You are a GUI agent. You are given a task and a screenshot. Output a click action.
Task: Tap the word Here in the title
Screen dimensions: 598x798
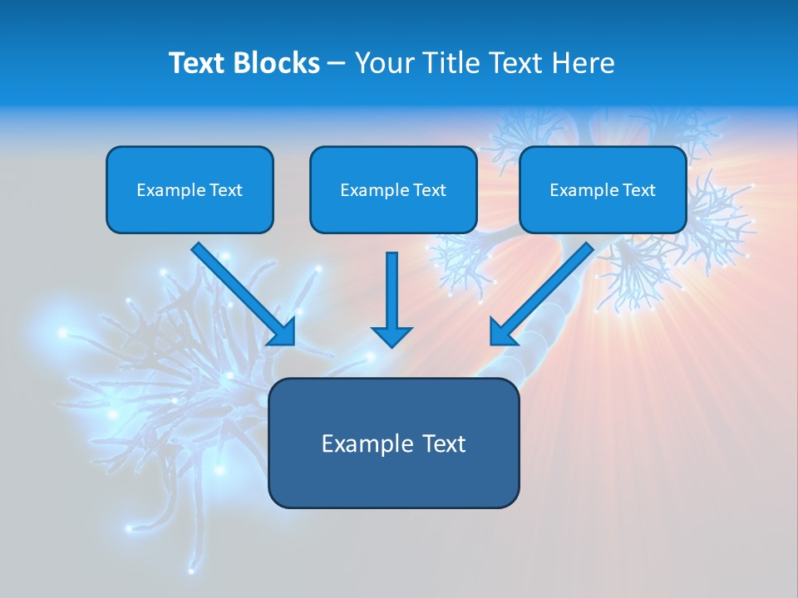coord(581,63)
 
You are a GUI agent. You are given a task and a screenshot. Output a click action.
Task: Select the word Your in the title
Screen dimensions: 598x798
coord(382,63)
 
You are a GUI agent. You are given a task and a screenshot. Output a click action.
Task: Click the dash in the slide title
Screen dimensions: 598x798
coord(337,64)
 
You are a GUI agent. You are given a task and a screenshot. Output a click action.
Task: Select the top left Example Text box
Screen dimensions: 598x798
coord(190,189)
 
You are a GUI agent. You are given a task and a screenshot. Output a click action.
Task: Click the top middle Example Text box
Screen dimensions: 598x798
coord(393,189)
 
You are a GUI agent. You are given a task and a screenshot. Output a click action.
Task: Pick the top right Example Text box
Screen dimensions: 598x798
coord(603,189)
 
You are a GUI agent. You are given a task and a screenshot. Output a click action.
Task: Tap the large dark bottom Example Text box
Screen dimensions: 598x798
coord(393,443)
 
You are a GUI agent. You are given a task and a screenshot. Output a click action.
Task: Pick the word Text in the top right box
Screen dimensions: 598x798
coord(638,190)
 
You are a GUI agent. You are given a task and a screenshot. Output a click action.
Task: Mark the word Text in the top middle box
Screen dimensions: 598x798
coord(429,190)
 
